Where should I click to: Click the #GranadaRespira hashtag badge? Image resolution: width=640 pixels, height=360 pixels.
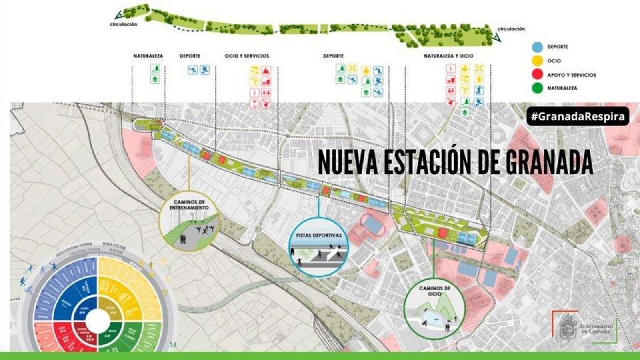click(578, 116)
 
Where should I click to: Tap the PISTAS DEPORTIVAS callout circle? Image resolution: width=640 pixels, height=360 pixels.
click(319, 248)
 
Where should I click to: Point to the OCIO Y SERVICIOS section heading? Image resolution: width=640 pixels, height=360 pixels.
click(247, 56)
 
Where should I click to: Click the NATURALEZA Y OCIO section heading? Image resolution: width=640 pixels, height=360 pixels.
click(448, 56)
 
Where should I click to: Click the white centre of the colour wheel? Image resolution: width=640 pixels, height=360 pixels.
click(98, 320)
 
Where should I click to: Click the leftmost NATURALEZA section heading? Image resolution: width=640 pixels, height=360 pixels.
click(148, 56)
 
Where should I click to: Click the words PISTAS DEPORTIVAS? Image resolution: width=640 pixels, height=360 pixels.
click(319, 235)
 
